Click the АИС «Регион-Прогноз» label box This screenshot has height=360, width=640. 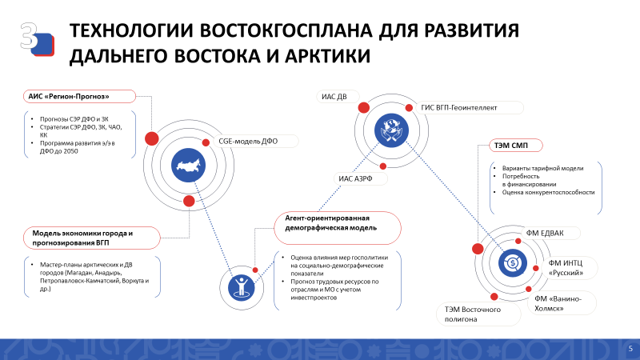click(x=79, y=96)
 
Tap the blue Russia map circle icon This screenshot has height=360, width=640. click(x=188, y=165)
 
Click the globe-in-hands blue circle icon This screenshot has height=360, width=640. click(x=391, y=130)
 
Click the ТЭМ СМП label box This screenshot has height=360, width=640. click(x=516, y=146)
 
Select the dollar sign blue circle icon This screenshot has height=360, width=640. click(x=513, y=263)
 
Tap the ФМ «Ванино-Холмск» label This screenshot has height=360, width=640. click(x=562, y=303)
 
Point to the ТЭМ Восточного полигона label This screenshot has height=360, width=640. click(x=479, y=314)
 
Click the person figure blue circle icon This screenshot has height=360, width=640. click(x=242, y=288)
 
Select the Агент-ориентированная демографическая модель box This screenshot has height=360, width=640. click(x=338, y=227)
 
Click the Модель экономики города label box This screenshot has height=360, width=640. click(x=91, y=238)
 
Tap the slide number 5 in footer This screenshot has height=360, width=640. click(x=630, y=349)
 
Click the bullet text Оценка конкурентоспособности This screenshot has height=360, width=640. click(x=548, y=192)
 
